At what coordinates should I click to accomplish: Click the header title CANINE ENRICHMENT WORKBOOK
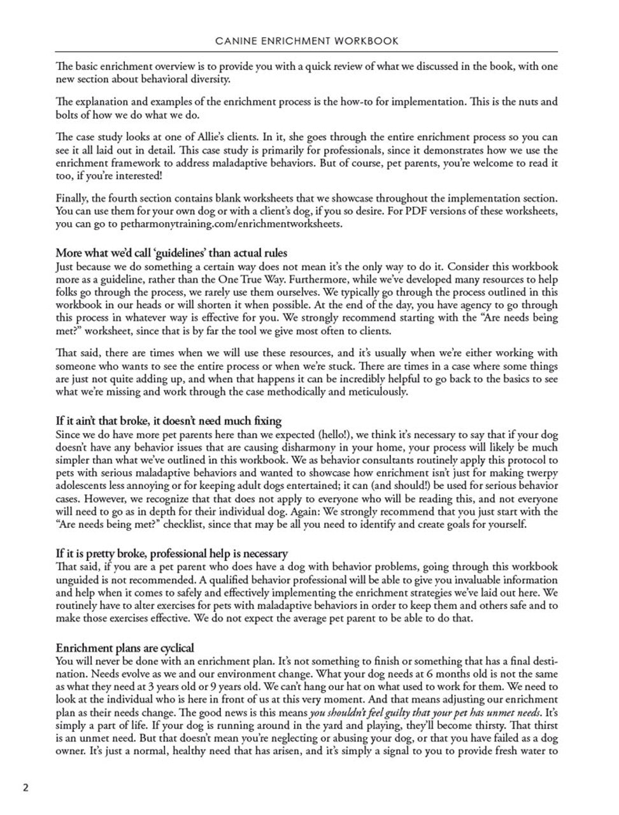(307, 41)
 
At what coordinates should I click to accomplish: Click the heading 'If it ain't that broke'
(169, 421)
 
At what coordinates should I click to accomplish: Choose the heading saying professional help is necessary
(172, 553)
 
